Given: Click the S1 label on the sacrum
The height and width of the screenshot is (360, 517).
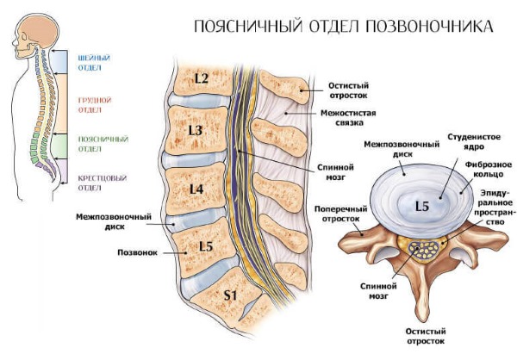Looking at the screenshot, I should [230, 296].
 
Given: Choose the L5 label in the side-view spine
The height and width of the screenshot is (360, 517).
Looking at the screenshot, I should [205, 246].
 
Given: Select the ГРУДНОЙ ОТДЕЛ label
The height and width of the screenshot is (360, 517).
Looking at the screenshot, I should [90, 104].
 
